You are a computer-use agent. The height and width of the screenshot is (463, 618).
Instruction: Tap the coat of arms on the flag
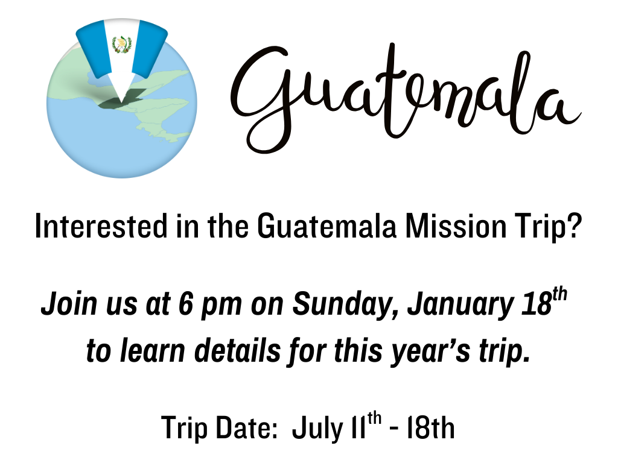121,45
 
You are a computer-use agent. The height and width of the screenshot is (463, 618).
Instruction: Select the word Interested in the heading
101,226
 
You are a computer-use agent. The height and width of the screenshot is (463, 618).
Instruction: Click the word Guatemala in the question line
327,226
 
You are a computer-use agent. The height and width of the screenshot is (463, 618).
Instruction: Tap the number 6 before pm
185,304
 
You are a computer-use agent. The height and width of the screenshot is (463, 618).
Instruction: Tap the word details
238,350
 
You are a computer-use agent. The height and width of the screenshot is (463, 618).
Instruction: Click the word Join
69,304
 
